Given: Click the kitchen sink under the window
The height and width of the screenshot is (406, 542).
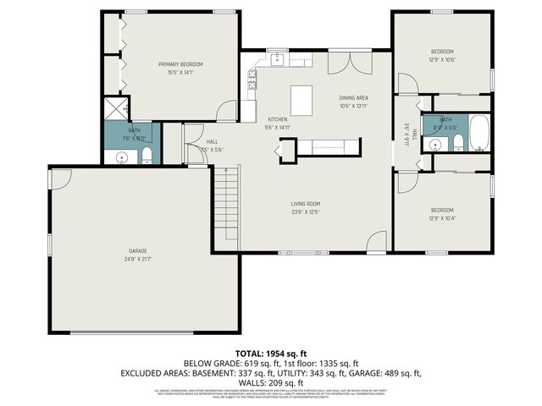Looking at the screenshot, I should pyautogui.click(x=277, y=59).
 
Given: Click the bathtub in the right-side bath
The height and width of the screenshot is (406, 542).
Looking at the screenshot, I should pyautogui.click(x=478, y=132).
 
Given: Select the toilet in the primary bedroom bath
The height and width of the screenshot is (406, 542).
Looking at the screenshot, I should pyautogui.click(x=147, y=154).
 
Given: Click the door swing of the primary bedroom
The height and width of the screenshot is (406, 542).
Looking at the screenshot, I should pyautogui.click(x=226, y=111).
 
